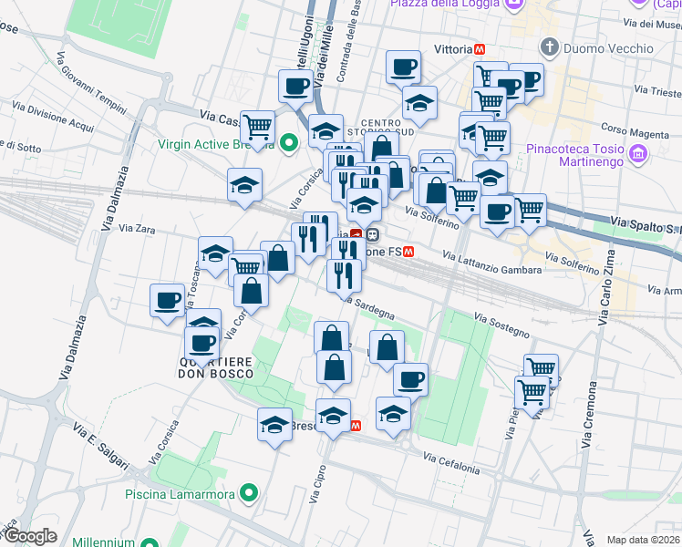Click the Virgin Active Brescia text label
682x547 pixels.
click(x=216, y=143)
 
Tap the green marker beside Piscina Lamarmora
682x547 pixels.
click(x=247, y=494)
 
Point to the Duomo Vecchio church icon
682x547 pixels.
click(x=550, y=46)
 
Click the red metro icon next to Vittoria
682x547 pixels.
click(x=480, y=48)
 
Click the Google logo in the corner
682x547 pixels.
click(x=29, y=537)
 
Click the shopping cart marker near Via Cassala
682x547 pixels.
click(x=259, y=127)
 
